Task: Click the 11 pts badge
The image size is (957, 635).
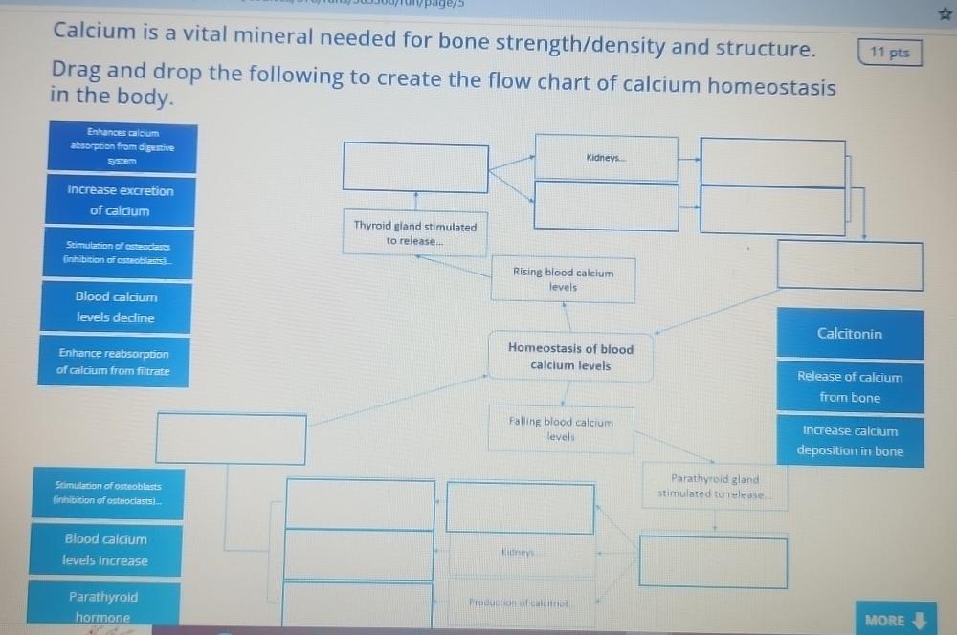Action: (890, 53)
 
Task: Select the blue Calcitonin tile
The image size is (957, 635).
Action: (850, 334)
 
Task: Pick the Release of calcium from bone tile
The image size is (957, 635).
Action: (850, 386)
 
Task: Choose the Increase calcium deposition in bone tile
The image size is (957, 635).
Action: (850, 441)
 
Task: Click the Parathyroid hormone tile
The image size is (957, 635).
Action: (103, 606)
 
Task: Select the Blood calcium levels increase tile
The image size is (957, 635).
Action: (105, 550)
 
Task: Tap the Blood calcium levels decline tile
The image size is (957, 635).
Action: (116, 307)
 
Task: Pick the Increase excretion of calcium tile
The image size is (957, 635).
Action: (120, 200)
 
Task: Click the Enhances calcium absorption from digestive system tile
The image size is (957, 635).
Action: (122, 147)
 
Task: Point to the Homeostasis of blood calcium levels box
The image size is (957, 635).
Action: (570, 357)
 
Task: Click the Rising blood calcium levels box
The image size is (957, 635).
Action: (564, 279)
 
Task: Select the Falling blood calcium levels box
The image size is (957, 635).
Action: (561, 428)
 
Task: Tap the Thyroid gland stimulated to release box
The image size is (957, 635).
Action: (415, 233)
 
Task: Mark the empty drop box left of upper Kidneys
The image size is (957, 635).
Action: (416, 167)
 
